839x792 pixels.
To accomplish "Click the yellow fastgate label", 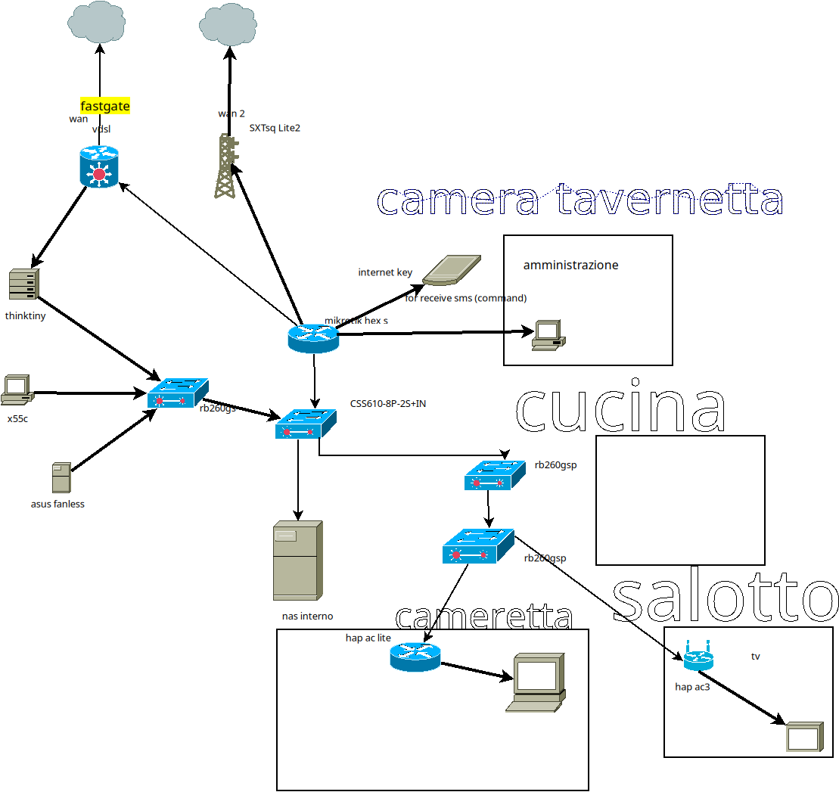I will pos(105,107).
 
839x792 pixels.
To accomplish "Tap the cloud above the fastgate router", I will pos(99,23).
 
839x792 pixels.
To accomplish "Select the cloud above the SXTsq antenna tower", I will pos(230,25).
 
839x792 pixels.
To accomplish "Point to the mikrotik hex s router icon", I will pos(313,338).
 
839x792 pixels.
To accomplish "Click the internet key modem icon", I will pos(450,270).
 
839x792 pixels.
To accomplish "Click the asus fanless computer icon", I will pos(61,479).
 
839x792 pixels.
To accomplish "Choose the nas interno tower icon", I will pos(297,561).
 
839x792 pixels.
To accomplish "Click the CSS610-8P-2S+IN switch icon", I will pos(306,423).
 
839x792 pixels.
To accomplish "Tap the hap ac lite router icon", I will pos(415,656).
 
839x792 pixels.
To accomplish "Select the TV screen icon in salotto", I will pos(803,736).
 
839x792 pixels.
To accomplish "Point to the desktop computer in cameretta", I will pos(536,682).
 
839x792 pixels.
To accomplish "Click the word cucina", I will pos(620,408).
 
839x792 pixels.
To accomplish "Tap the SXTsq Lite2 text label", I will pos(275,129).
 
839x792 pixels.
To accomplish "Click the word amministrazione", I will pos(570,266).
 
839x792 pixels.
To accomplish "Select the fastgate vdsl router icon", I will pos(99,167).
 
